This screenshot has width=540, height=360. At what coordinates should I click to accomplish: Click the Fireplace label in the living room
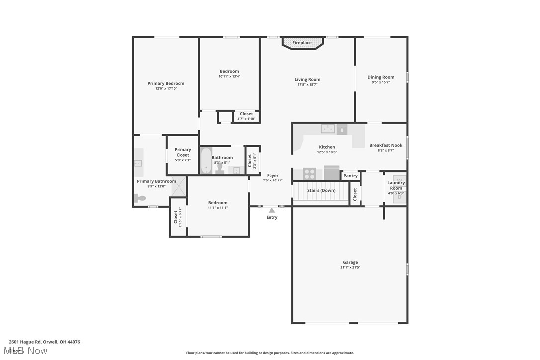click(302, 43)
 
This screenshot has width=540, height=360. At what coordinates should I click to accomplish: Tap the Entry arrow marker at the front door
click(271, 210)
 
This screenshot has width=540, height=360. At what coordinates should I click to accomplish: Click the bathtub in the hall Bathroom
click(206, 161)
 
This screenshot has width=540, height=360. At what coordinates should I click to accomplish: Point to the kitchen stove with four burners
click(309, 174)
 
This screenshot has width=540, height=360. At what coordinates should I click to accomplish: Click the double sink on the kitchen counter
click(328, 129)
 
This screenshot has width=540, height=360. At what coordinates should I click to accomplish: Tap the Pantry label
click(350, 176)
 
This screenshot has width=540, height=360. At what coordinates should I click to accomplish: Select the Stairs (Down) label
click(321, 190)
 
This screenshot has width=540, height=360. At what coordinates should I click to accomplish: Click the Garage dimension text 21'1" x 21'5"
click(350, 267)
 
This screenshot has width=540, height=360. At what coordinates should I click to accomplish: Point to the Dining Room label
click(381, 77)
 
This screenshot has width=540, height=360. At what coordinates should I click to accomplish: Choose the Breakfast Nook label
click(386, 145)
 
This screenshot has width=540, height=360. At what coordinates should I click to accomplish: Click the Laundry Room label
click(396, 185)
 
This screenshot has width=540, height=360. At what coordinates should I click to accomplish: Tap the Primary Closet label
click(182, 152)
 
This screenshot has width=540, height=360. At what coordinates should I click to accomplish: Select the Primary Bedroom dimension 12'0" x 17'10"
click(166, 88)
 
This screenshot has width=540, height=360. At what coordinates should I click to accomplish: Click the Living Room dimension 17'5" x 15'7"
click(307, 85)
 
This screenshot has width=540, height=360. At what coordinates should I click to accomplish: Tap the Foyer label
click(272, 175)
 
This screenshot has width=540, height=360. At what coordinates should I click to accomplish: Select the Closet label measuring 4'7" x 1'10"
click(246, 114)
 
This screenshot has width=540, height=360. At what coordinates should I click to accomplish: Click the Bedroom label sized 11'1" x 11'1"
click(218, 203)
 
